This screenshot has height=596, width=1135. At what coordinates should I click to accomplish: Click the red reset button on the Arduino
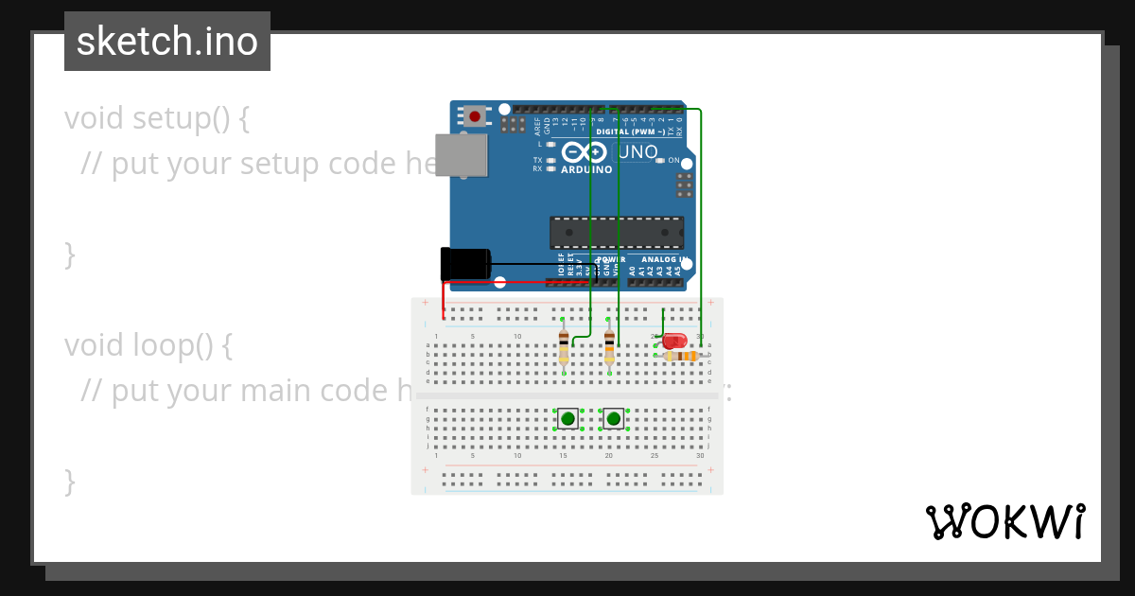[474, 116]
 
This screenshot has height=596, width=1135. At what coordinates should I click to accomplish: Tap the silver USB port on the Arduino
[461, 155]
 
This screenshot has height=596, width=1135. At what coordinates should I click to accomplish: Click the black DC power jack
[464, 264]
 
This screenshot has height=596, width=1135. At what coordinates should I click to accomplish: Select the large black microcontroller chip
[617, 232]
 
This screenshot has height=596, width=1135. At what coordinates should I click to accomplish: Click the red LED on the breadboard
[674, 341]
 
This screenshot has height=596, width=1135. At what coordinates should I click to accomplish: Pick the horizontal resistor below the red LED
[681, 356]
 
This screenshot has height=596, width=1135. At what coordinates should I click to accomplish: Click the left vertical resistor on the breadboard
[564, 346]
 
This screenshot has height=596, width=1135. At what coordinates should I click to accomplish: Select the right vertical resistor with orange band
[609, 346]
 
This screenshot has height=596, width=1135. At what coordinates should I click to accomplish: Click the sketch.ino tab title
[167, 42]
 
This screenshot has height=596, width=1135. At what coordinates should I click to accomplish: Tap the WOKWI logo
[1004, 521]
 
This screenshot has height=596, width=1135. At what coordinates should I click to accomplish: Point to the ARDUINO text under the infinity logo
[586, 170]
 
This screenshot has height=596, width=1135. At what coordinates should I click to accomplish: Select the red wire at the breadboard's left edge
[444, 303]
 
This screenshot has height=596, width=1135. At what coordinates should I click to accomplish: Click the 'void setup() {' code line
[157, 118]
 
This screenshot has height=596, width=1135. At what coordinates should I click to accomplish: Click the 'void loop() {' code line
[148, 345]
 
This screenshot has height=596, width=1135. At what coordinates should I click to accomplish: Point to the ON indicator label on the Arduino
[673, 161]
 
